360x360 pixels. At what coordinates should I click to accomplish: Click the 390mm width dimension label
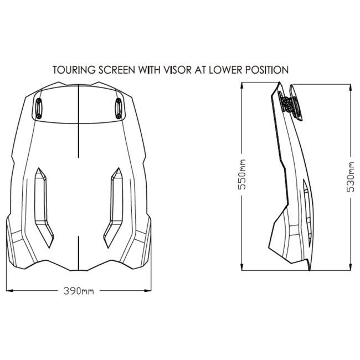pyautogui.click(x=79, y=291)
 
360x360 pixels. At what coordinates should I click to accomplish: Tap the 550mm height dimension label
pyautogui.click(x=242, y=174)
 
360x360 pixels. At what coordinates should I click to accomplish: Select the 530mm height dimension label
pyautogui.click(x=351, y=177)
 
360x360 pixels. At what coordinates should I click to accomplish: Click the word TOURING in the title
pyautogui.click(x=74, y=70)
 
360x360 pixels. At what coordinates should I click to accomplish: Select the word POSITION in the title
pyautogui.click(x=267, y=70)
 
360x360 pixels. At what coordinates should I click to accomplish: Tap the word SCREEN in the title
pyautogui.click(x=117, y=70)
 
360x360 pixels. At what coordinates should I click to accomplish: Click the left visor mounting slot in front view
pyautogui.click(x=39, y=109)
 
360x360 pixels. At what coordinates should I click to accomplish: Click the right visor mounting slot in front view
pyautogui.click(x=119, y=109)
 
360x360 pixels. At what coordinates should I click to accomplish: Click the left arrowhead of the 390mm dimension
pyautogui.click(x=9, y=291)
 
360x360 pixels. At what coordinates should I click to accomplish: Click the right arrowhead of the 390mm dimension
pyautogui.click(x=148, y=291)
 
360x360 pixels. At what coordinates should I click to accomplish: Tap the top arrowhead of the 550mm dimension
pyautogui.click(x=242, y=85)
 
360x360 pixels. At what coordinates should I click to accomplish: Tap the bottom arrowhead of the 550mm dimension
pyautogui.click(x=242, y=267)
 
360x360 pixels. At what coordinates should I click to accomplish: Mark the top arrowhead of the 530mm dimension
pyautogui.click(x=351, y=88)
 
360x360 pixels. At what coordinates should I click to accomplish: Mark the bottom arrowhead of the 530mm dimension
pyautogui.click(x=351, y=267)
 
